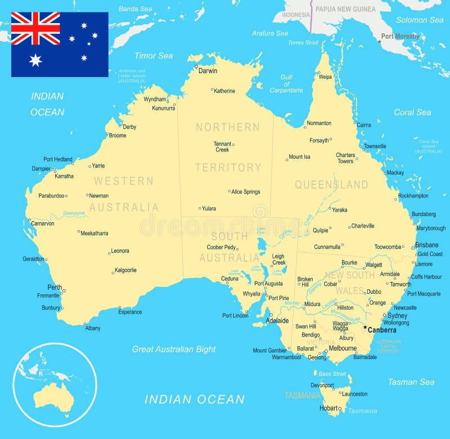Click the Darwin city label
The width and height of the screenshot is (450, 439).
click(x=208, y=71)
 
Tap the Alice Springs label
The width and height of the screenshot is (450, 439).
click(x=246, y=192)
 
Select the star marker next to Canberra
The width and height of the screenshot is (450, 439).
click(x=364, y=328)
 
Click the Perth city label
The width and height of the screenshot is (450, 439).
click(x=55, y=287)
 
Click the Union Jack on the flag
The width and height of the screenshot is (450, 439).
click(x=35, y=28)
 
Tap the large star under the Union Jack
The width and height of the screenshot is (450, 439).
click(x=35, y=60)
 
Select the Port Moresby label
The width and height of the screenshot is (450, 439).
click(x=400, y=37)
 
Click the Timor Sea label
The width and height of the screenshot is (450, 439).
click(x=154, y=56)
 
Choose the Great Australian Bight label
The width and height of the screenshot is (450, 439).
click(x=174, y=349)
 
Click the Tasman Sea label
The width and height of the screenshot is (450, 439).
click(x=411, y=382)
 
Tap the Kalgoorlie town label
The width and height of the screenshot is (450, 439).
click(x=125, y=270)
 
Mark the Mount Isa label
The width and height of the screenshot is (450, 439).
click(x=299, y=157)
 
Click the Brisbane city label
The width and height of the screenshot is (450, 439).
click(x=427, y=245)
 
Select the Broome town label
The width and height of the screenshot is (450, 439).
click(x=118, y=136)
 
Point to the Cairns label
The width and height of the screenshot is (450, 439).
click(x=364, y=125)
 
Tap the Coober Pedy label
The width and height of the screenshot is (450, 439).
click(x=221, y=247)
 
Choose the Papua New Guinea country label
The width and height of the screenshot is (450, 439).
click(x=345, y=9)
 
